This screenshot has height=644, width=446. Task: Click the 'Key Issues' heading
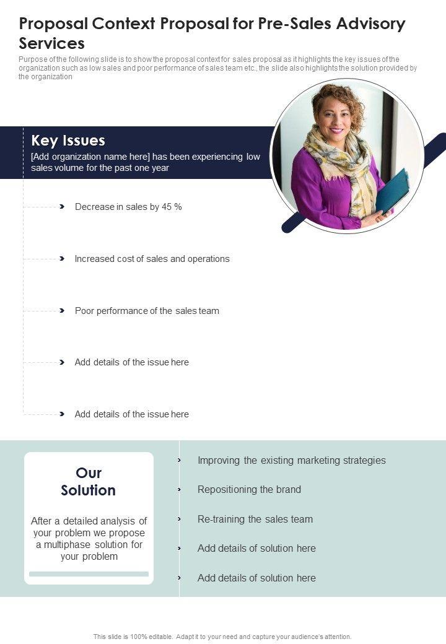pyautogui.click(x=68, y=141)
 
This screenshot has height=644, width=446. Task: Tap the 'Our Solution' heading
pyautogui.click(x=89, y=481)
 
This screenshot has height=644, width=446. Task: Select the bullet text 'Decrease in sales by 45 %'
pyautogui.click(x=128, y=207)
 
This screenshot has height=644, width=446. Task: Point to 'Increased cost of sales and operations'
pyautogui.click(x=152, y=259)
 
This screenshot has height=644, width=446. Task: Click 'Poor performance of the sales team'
pyautogui.click(x=147, y=311)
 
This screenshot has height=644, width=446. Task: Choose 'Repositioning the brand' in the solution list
pyautogui.click(x=249, y=489)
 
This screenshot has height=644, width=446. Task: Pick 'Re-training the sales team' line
pyautogui.click(x=255, y=519)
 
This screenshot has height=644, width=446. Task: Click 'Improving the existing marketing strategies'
pyautogui.click(x=291, y=460)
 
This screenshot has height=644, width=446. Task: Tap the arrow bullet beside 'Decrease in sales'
pyautogui.click(x=62, y=207)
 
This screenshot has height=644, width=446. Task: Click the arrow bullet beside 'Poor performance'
pyautogui.click(x=62, y=311)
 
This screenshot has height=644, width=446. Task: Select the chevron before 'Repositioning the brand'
pyautogui.click(x=179, y=489)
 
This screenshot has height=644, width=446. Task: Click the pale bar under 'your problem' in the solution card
pyautogui.click(x=89, y=574)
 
